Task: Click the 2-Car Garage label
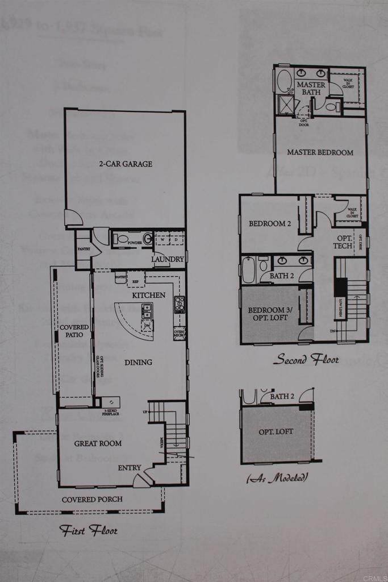(x=126, y=164)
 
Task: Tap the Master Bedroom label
(x=320, y=152)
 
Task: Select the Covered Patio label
(x=74, y=331)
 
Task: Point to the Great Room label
(x=99, y=443)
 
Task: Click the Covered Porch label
(x=92, y=500)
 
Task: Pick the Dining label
(x=137, y=362)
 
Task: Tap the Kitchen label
(x=149, y=295)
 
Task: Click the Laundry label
(x=168, y=259)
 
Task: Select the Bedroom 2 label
(x=270, y=224)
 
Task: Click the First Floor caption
(x=89, y=530)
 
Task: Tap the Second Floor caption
(x=306, y=359)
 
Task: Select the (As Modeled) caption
(x=277, y=479)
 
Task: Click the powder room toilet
(x=147, y=239)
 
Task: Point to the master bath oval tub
(x=282, y=81)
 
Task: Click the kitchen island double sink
(x=147, y=310)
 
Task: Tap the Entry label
(x=130, y=468)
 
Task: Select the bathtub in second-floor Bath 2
(x=249, y=269)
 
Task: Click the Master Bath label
(x=311, y=88)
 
